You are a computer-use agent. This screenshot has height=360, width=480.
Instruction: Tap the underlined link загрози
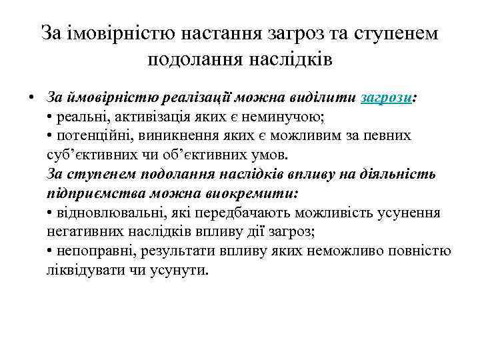(386, 97)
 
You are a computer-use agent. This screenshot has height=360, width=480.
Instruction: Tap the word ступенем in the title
(391, 33)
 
